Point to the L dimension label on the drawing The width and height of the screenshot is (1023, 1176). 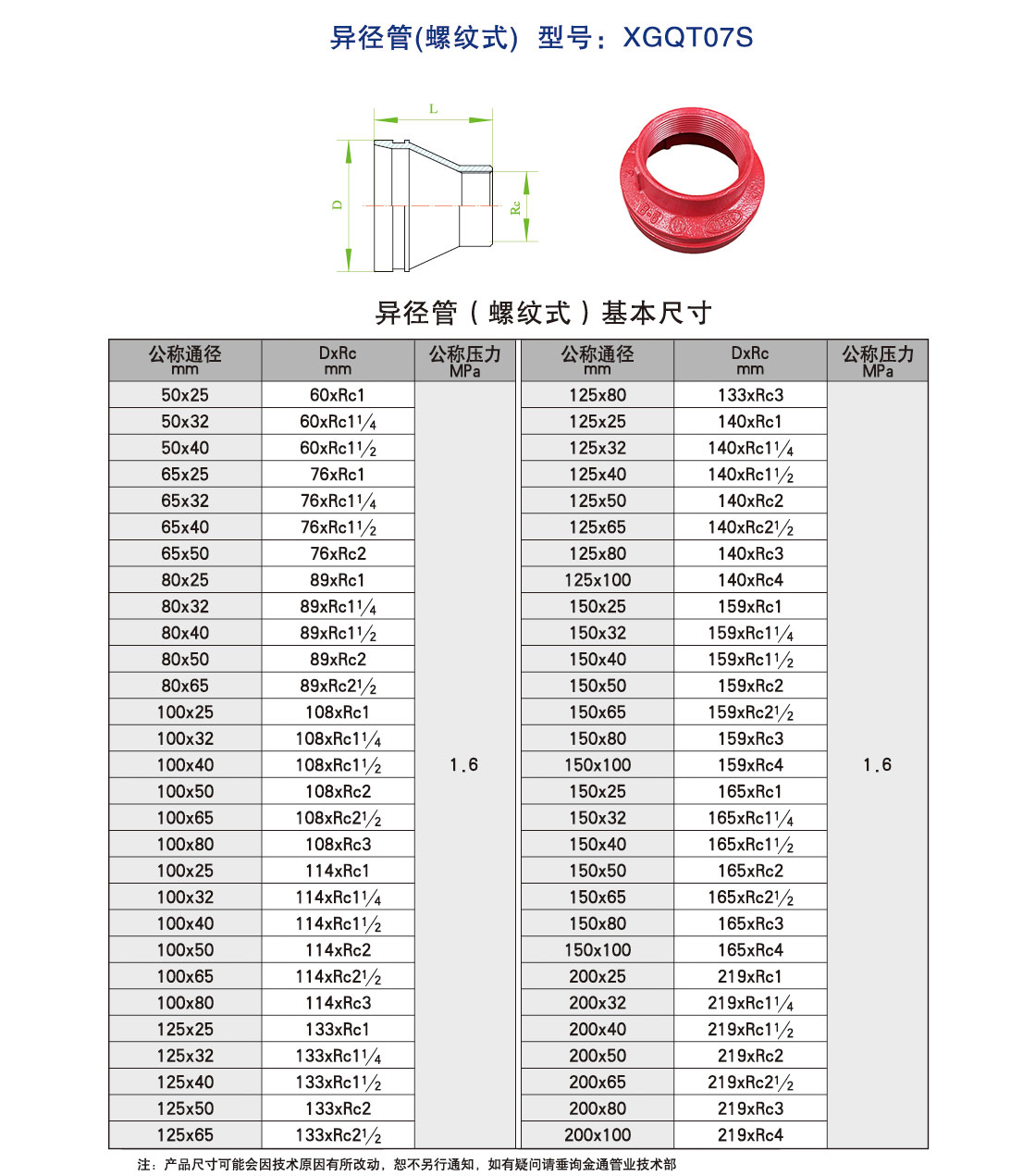tap(433, 109)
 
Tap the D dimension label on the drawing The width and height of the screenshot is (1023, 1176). tap(338, 204)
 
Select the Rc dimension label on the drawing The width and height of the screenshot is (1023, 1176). tap(515, 207)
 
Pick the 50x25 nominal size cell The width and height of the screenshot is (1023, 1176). tap(185, 395)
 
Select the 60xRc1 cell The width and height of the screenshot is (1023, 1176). tap(338, 395)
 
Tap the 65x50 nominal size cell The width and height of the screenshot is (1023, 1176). tap(185, 553)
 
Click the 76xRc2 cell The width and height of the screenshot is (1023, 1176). tap(338, 553)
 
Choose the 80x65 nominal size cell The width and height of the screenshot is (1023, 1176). tap(185, 686)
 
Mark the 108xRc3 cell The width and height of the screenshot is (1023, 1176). tap(338, 844)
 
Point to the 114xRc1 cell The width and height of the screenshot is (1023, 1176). tap(338, 871)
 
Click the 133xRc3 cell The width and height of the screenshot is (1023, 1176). tap(750, 395)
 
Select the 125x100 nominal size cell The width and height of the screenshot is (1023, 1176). tap(598, 580)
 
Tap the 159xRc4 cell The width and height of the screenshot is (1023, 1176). tap(750, 765)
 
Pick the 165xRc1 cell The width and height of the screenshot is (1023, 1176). tap(750, 791)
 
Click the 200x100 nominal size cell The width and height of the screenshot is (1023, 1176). tap(598, 1134)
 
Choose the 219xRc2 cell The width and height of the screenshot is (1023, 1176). tap(750, 1056)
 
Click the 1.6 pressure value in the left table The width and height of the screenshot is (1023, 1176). tap(463, 765)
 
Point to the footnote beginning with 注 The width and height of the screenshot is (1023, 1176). tap(407, 1164)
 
